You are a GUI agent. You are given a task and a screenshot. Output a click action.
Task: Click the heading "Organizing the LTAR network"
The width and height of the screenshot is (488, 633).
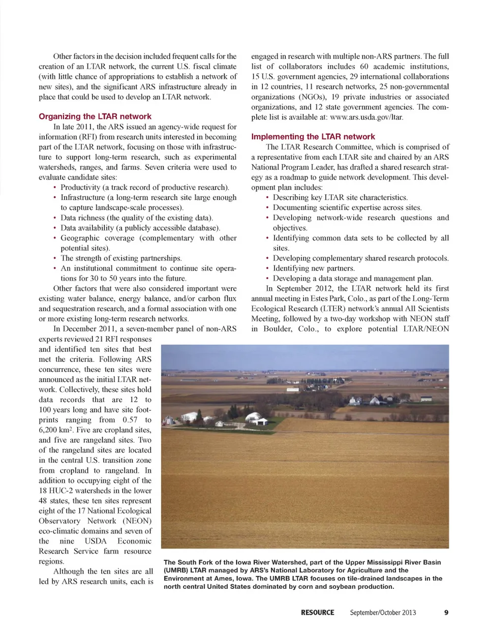coord(95,116)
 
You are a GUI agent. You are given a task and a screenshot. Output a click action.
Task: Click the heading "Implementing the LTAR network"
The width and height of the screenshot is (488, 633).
coord(313,137)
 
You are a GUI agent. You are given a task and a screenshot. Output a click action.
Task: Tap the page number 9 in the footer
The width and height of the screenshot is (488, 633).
coord(446,612)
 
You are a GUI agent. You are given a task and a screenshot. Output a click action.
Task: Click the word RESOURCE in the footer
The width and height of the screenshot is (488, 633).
coord(317,612)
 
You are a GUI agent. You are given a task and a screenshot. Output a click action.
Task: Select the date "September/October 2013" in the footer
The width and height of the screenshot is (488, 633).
coord(382,612)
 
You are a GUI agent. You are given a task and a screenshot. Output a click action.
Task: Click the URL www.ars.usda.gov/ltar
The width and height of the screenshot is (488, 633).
coord(365,117)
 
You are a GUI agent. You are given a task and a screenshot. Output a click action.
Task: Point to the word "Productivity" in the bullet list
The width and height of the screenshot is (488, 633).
coord(80,187)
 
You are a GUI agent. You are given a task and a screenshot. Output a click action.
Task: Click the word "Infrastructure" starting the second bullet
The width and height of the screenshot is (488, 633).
coord(82,197)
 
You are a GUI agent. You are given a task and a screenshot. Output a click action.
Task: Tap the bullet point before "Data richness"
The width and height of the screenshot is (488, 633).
coord(54,218)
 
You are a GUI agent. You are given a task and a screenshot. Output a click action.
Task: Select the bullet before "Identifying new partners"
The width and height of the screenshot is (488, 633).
coord(267,268)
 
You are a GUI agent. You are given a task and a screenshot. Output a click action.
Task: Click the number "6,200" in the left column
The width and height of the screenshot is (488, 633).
coord(49,430)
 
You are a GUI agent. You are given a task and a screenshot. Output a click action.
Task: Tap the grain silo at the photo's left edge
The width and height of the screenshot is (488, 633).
coord(167,420)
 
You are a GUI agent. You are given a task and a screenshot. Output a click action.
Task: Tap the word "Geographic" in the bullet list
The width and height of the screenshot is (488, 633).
coord(80,238)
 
